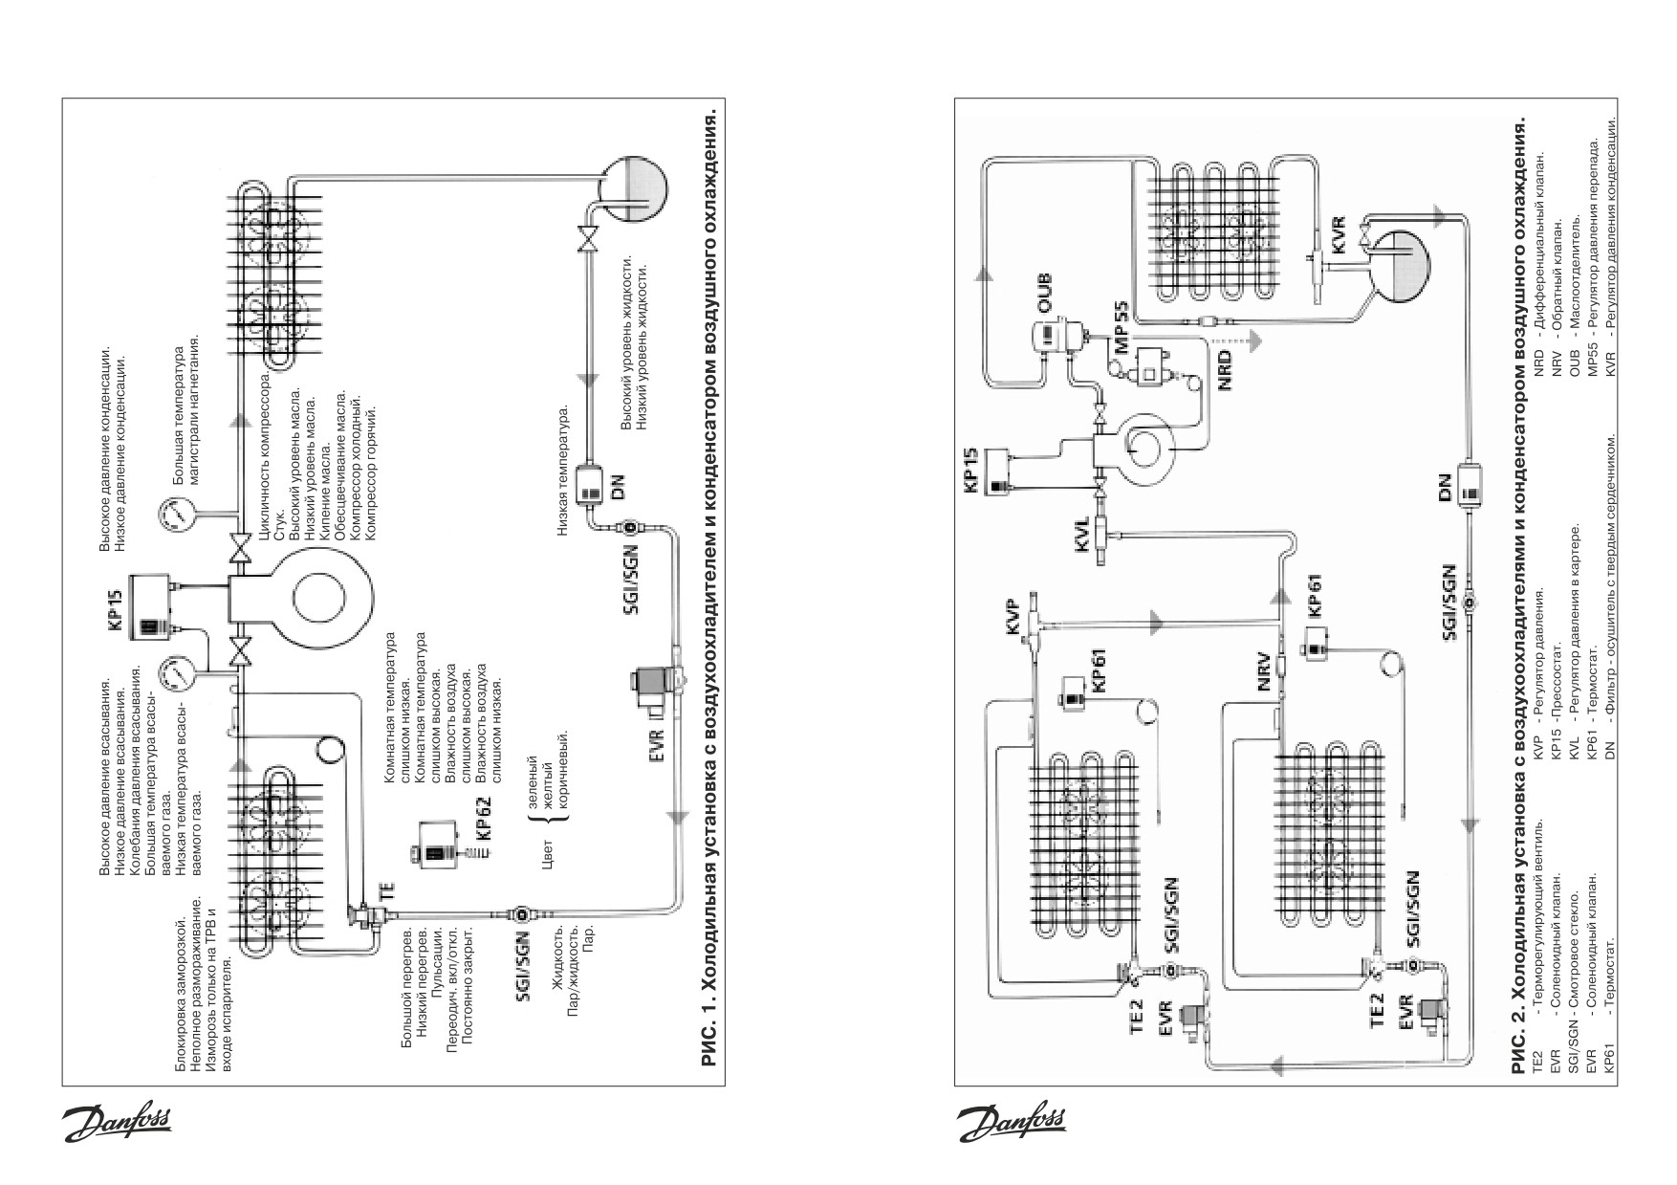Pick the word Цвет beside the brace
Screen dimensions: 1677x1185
(x=546, y=854)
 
